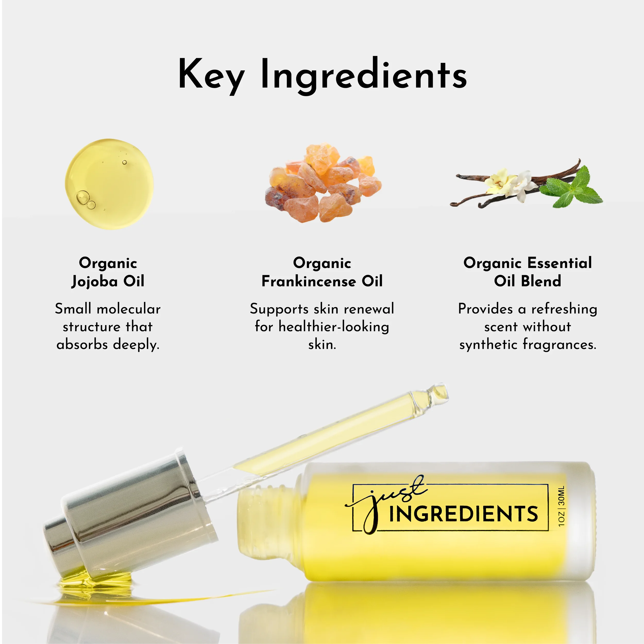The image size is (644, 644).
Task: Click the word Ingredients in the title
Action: [x=363, y=75]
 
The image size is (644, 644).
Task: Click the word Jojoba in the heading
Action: [x=95, y=282]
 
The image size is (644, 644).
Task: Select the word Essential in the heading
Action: [x=560, y=263]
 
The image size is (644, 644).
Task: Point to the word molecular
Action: [x=129, y=309]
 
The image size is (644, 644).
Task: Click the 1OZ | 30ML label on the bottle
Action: [x=562, y=506]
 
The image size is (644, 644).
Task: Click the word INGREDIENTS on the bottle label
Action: [x=463, y=514]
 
